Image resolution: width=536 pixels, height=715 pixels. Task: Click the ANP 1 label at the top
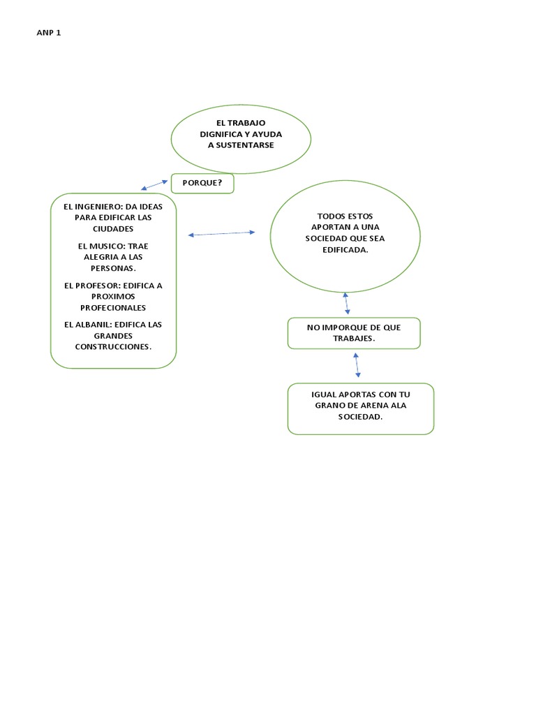pos(48,32)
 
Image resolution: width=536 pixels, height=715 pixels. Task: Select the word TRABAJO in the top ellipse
pos(247,122)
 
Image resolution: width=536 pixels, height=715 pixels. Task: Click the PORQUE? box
pos(202,183)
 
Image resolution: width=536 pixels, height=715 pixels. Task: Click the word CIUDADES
pos(112,228)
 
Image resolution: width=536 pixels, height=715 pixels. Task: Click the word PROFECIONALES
pos(112,307)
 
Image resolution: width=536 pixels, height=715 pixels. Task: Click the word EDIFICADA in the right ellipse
pos(345,249)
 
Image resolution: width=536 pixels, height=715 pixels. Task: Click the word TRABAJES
pos(354,338)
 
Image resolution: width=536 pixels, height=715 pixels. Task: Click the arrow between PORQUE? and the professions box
pos(154,184)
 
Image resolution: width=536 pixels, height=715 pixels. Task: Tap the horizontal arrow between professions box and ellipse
pos(222,233)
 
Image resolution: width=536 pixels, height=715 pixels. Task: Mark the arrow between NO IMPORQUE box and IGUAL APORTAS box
pos(357,365)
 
